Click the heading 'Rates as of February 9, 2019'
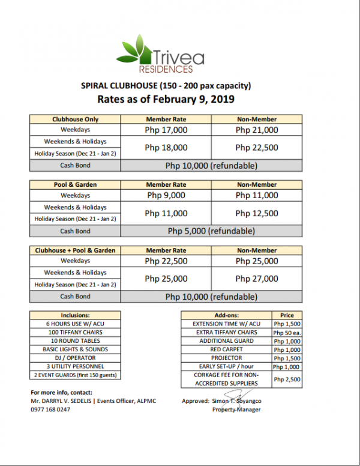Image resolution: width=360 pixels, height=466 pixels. coord(166,98)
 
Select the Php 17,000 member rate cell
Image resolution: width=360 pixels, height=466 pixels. coord(166,130)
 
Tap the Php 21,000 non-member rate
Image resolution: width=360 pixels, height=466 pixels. coord(257,130)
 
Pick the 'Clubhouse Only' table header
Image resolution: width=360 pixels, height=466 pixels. coord(76,119)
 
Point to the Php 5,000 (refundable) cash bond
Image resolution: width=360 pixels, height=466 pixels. coord(211,231)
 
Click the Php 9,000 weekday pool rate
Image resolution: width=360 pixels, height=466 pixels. coord(166,195)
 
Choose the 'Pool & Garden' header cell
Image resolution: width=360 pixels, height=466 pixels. coord(76,184)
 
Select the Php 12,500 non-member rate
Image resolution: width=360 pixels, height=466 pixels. coord(257,213)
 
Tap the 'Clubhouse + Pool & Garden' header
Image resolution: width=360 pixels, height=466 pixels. coord(76,250)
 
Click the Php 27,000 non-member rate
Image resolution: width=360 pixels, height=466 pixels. coord(257,279)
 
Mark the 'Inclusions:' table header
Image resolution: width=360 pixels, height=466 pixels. coord(76,315)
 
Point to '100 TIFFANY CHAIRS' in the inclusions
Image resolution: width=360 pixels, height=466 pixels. coord(76,332)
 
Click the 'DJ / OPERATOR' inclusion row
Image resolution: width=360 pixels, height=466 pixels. coord(76,357)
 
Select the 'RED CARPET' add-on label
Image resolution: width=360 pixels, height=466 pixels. coord(226,349)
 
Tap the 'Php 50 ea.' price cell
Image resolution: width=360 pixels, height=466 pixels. coord(287,333)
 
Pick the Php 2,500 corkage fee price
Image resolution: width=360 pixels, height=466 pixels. coord(287,379)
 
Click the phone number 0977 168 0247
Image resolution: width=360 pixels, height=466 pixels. coord(51,410)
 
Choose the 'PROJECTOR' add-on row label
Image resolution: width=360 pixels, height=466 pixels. coord(226,358)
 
